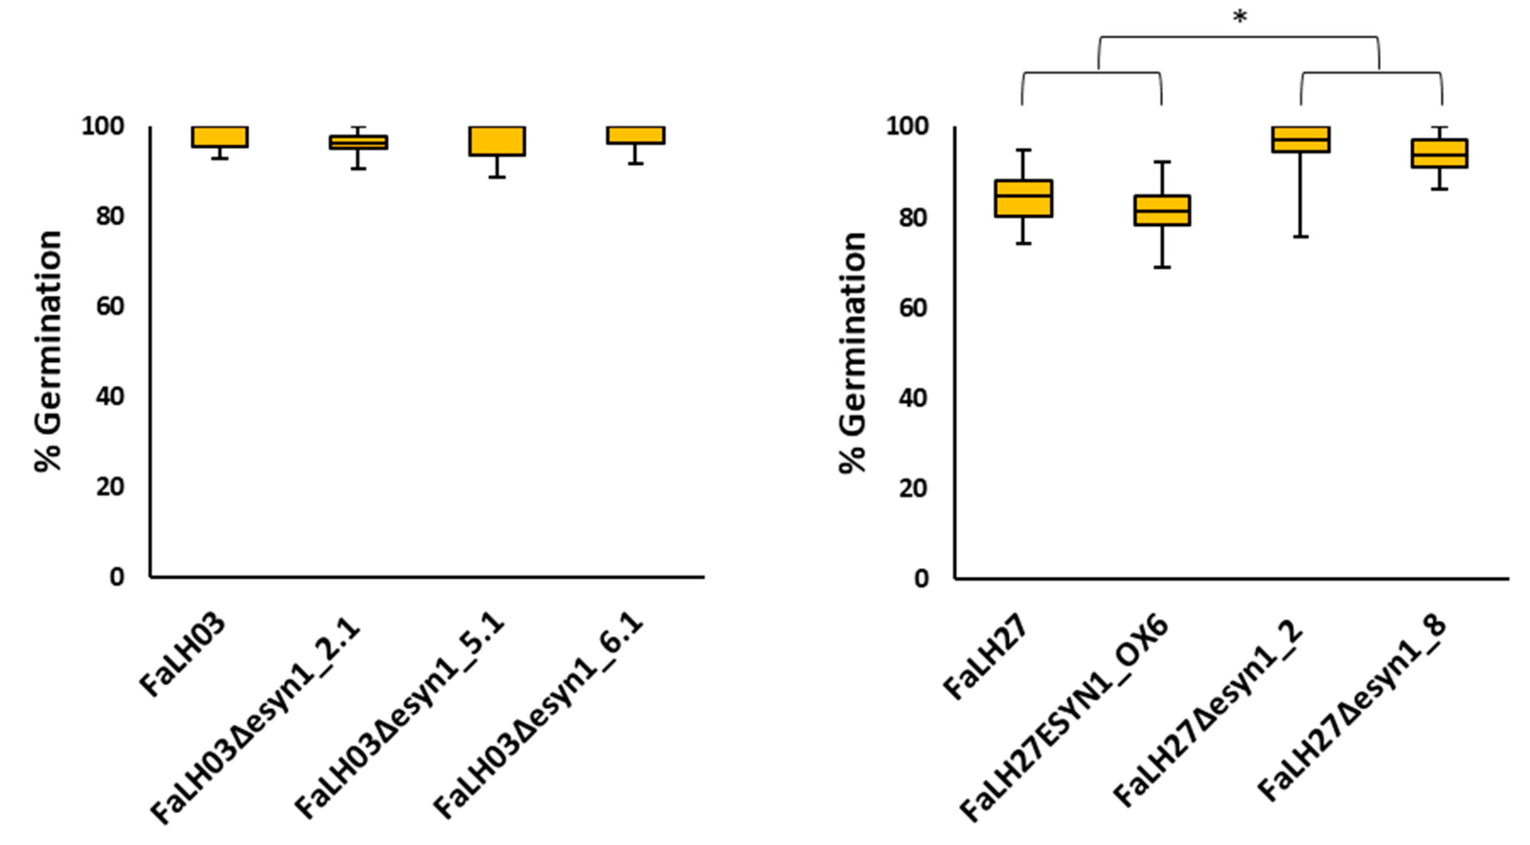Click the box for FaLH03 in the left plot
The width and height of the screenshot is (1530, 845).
(220, 137)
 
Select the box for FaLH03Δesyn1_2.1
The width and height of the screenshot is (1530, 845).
(358, 142)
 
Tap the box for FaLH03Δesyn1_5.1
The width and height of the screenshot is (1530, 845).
(497, 141)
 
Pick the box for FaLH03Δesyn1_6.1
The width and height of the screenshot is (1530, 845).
(636, 135)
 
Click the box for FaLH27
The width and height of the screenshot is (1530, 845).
(1023, 198)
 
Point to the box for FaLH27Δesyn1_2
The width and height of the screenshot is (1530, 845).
(1301, 140)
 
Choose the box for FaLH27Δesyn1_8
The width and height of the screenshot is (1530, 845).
(1439, 153)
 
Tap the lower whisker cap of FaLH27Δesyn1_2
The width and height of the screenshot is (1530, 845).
(1301, 237)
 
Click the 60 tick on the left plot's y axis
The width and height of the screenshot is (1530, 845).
(110, 307)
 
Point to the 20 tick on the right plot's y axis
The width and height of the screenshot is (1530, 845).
(913, 489)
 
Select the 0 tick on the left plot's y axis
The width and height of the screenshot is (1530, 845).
(117, 576)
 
